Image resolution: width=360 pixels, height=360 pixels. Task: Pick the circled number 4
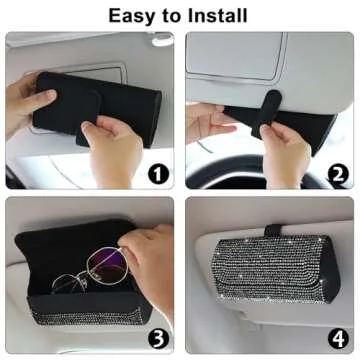coord(338,336)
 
